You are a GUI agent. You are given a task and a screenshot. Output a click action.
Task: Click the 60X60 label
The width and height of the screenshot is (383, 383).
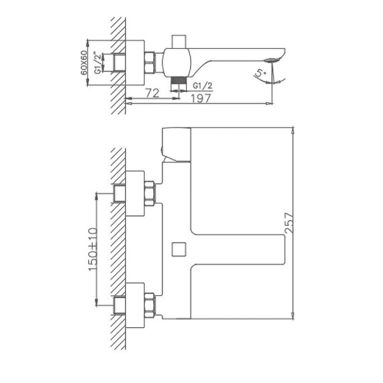84,62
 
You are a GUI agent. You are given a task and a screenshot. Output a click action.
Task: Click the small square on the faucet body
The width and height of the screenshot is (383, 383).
178,248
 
